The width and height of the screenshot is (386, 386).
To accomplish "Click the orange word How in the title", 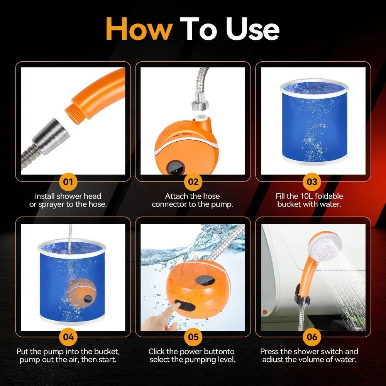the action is click(x=139, y=29).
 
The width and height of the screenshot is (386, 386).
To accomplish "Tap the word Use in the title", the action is click(x=252, y=29).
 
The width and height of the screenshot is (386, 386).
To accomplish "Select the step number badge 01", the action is click(x=68, y=182).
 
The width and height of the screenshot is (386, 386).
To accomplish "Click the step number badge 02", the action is click(x=193, y=182).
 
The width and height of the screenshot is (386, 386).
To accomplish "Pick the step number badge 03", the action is click(x=312, y=182).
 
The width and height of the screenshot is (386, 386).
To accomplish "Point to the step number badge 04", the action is click(x=68, y=337).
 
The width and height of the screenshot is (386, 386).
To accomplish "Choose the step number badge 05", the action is click(x=193, y=337).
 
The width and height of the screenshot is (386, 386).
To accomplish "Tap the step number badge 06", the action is click(x=312, y=337).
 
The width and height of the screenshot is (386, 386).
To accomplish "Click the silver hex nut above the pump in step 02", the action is click(x=200, y=103).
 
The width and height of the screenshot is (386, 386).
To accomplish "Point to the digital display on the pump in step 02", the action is click(x=175, y=168).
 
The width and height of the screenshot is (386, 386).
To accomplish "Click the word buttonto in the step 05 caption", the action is click(x=220, y=351).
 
